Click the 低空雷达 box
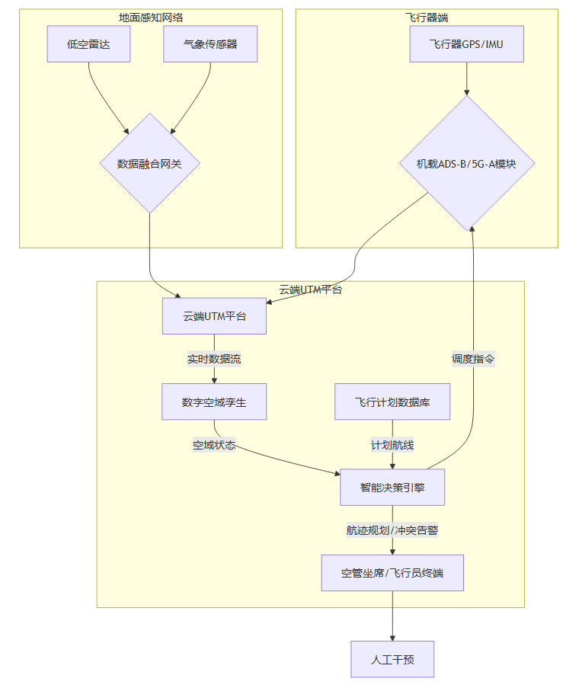click(x=88, y=44)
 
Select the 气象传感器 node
click(x=210, y=44)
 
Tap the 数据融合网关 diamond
click(x=149, y=163)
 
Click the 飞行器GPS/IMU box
click(x=467, y=44)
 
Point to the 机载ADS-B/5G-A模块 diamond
click(x=467, y=163)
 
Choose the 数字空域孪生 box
click(x=214, y=402)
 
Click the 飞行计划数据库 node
click(x=392, y=402)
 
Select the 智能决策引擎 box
click(x=392, y=487)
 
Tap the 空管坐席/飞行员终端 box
click(x=392, y=572)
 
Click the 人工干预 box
click(x=392, y=659)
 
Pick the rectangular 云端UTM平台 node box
click(x=214, y=316)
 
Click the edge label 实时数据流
click(x=214, y=359)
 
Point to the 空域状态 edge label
click(x=214, y=445)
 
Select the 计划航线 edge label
click(x=392, y=445)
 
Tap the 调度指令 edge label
click(x=474, y=359)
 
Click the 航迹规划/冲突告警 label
click(x=392, y=530)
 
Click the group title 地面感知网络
click(x=151, y=17)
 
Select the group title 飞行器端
click(x=427, y=17)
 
